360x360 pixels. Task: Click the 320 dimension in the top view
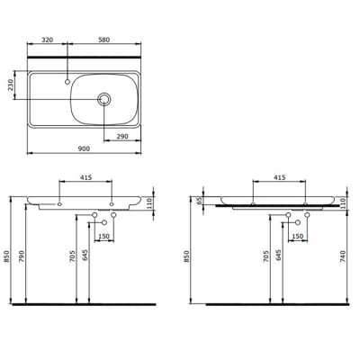[49, 40]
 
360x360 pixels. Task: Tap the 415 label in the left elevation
[85, 180]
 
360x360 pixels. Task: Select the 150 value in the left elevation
[103, 237]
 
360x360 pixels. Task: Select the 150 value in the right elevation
[297, 237]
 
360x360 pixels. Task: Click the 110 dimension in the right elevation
[343, 203]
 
